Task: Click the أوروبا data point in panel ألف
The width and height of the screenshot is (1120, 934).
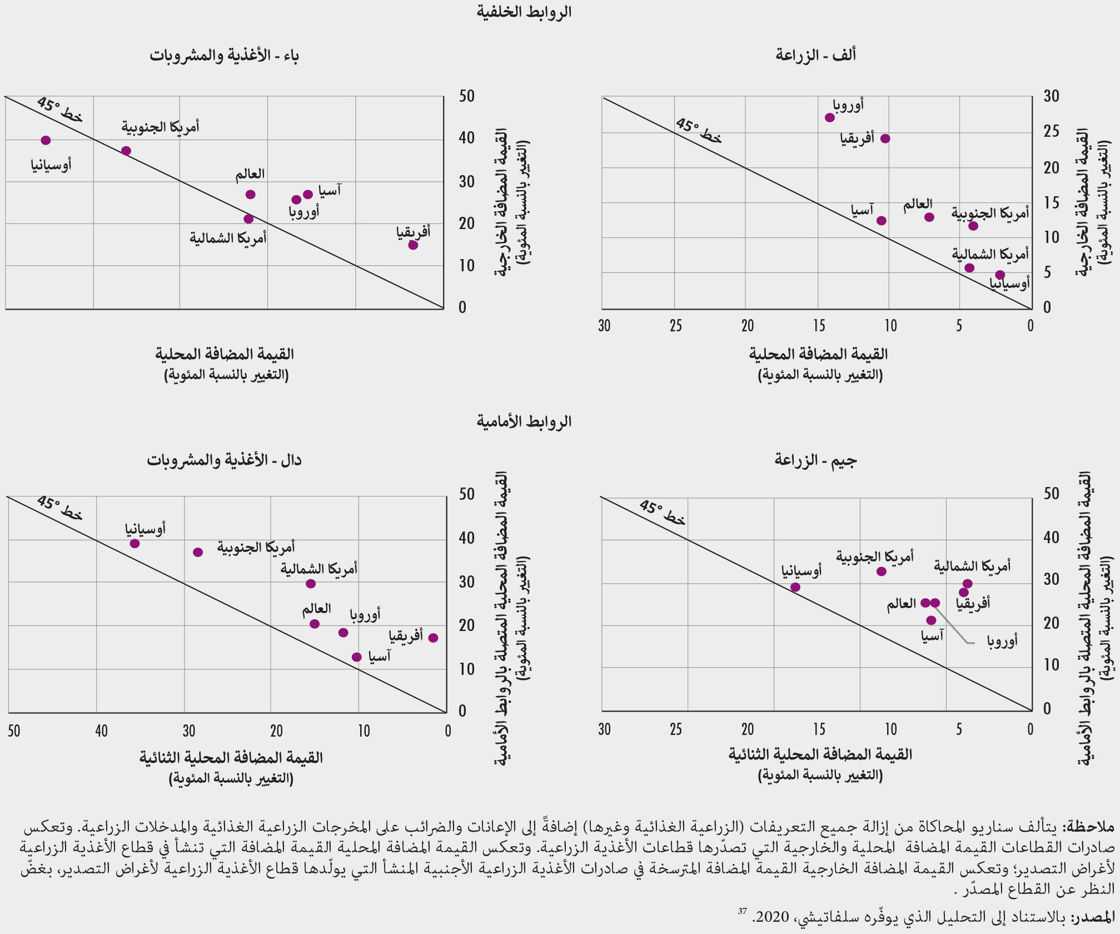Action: (830, 118)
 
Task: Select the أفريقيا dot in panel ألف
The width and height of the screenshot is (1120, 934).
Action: (885, 138)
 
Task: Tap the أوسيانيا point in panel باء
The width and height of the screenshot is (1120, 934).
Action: (46, 141)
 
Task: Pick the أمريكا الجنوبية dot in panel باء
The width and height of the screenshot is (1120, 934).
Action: (126, 151)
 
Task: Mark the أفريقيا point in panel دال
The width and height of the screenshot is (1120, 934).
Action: (434, 638)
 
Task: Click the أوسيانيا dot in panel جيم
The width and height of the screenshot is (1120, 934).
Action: (795, 587)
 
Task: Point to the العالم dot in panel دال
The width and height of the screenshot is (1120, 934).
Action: (315, 624)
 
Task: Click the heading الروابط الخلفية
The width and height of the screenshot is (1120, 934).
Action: (524, 12)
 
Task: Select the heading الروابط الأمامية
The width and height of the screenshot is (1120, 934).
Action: (524, 421)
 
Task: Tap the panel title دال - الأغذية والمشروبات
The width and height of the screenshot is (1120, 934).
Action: (224, 460)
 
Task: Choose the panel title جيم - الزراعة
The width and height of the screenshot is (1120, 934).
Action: (815, 460)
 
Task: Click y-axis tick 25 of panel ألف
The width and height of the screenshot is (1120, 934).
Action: (1051, 132)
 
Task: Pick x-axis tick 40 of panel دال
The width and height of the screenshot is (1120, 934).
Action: (101, 731)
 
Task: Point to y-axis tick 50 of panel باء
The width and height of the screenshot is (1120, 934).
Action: (467, 96)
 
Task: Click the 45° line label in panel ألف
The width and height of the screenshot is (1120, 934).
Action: (698, 131)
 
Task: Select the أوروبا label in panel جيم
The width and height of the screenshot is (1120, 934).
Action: (1002, 641)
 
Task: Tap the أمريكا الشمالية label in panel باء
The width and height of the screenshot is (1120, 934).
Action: (228, 239)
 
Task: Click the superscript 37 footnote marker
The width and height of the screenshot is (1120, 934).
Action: (742, 911)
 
